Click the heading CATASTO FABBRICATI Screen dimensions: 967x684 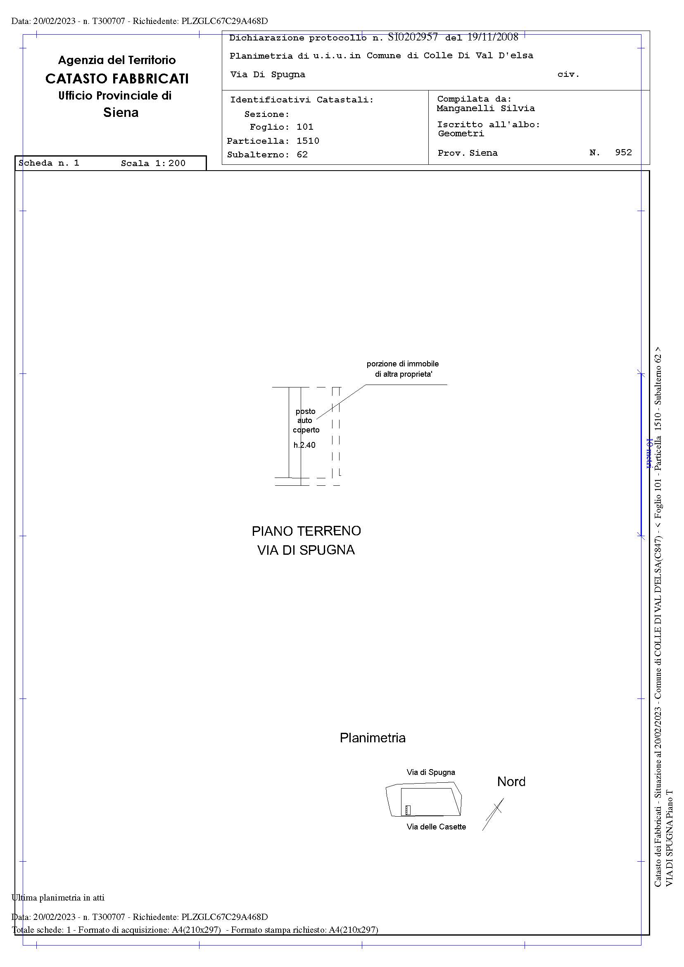pyautogui.click(x=116, y=79)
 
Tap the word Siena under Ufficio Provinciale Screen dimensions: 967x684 pyautogui.click(x=121, y=112)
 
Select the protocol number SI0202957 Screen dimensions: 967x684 pyautogui.click(x=412, y=38)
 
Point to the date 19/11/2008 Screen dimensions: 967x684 pyautogui.click(x=492, y=38)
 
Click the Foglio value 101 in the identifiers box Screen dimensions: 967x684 pyautogui.click(x=305, y=127)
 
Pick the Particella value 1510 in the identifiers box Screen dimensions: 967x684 pyautogui.click(x=307, y=141)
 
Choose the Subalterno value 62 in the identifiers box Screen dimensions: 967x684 pyautogui.click(x=302, y=154)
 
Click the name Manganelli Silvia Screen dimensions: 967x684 pyautogui.click(x=485, y=109)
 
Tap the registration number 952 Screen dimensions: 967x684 pyautogui.click(x=623, y=152)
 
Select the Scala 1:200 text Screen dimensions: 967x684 pyautogui.click(x=153, y=164)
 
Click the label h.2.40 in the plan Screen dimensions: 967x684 pyautogui.click(x=304, y=445)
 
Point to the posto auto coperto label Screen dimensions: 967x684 pyautogui.click(x=305, y=421)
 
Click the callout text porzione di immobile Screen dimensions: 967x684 pyautogui.click(x=402, y=364)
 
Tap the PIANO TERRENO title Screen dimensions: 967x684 pyautogui.click(x=306, y=531)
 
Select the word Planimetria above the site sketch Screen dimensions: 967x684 pyautogui.click(x=372, y=737)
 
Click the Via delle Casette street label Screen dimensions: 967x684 pyautogui.click(x=436, y=827)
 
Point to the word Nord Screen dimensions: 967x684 pyautogui.click(x=511, y=782)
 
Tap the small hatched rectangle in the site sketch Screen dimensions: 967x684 pyautogui.click(x=408, y=810)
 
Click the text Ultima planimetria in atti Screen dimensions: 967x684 pyautogui.click(x=58, y=898)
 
